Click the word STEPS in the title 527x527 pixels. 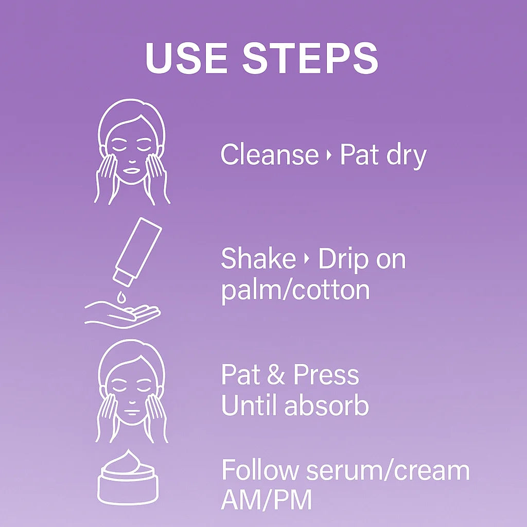click(310, 58)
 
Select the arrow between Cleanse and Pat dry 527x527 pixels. click(329, 155)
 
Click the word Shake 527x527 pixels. click(258, 258)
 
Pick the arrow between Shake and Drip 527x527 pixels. click(307, 259)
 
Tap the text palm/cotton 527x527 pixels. click(295, 291)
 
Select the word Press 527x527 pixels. click(326, 375)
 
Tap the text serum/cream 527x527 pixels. click(387, 471)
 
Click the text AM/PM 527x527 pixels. click(266, 501)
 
